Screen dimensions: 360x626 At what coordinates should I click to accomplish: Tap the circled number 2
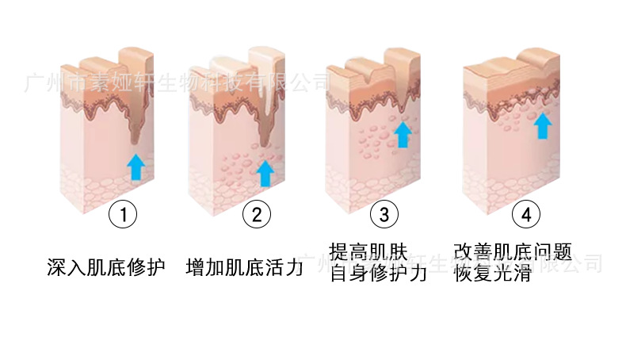click(255, 214)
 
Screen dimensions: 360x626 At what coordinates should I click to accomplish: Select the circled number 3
click(384, 214)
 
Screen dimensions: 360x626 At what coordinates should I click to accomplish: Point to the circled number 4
click(525, 214)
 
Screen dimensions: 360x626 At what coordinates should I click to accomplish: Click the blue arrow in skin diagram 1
click(136, 167)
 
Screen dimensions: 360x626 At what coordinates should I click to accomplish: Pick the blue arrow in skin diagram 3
click(403, 133)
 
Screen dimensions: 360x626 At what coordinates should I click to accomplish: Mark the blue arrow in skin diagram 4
click(542, 125)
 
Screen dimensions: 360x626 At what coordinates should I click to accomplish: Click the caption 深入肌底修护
click(106, 266)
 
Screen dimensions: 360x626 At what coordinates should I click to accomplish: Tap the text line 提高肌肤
click(368, 254)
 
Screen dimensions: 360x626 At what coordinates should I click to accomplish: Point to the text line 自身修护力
click(378, 274)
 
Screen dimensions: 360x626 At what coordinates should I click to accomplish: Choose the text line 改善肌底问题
click(513, 254)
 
